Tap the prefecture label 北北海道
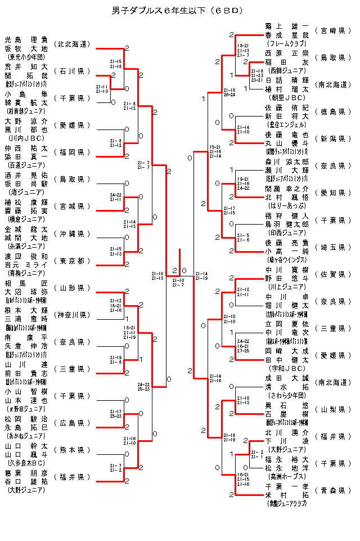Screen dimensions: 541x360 pos(72,44)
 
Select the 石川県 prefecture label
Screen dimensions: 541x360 pos(72,71)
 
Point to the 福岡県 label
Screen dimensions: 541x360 pos(72,152)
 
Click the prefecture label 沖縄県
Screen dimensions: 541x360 pos(72,233)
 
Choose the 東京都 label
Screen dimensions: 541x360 pos(72,260)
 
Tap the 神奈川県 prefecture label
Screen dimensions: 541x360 pos(72,314)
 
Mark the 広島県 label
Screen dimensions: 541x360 pos(72,422)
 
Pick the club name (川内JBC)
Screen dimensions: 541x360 pos(26,137)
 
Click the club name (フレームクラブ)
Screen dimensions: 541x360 pos(287,43)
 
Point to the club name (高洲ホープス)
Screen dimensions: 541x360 pos(287,476)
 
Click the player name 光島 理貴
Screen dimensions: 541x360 pos(26,40)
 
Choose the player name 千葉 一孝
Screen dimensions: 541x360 pos(287,486)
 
